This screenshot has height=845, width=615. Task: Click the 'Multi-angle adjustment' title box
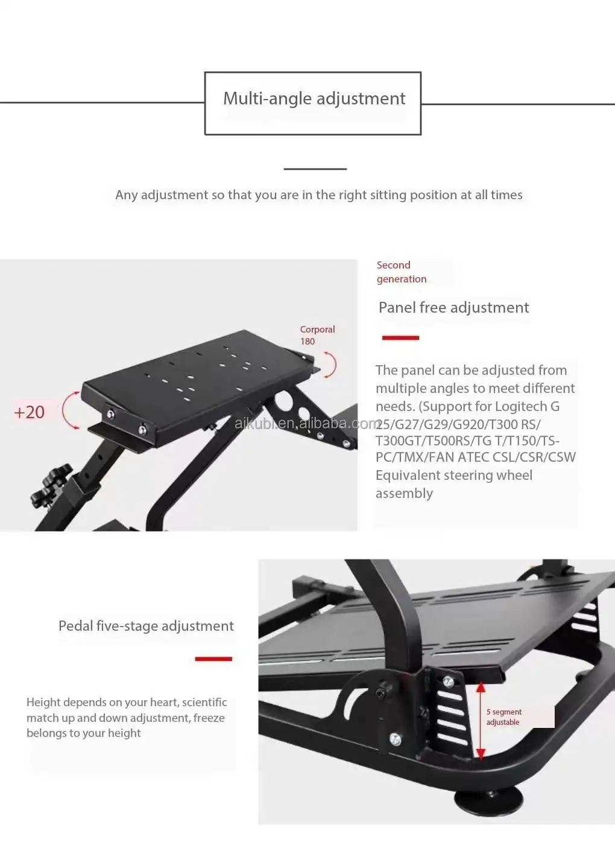pos(313,103)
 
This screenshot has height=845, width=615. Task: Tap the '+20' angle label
pos(29,412)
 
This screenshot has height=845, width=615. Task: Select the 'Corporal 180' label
pos(317,335)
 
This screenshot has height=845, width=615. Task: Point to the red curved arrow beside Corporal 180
pos(330,365)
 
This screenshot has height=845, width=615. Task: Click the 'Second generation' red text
pos(401,272)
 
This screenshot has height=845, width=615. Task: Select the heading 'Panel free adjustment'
pos(453,307)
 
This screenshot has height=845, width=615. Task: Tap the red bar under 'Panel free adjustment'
pos(400,337)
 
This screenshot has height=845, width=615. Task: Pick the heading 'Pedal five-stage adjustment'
pos(146,626)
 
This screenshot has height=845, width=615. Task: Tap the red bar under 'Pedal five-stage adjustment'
pos(213,658)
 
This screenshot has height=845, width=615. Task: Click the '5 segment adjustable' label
pos(504,717)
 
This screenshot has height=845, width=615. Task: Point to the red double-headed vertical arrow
pos(481,720)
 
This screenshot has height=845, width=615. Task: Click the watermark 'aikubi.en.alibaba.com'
pos(307,423)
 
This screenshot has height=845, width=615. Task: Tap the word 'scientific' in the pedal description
pos(204,702)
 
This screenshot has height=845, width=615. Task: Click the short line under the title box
pos(315,169)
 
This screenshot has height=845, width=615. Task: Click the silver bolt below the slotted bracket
pos(396,738)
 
